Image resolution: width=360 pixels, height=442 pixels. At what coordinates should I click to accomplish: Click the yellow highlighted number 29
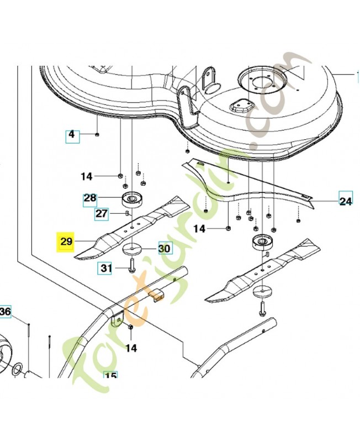[x=66, y=242]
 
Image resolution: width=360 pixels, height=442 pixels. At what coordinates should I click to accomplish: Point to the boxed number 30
[x=164, y=249]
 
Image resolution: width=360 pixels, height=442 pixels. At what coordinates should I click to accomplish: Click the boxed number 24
[x=346, y=201]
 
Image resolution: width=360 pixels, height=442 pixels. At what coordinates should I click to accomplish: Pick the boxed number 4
[x=72, y=134]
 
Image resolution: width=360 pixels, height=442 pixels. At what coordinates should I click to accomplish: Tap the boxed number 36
[x=4, y=313]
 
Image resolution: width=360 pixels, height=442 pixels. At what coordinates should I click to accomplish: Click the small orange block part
[x=158, y=296]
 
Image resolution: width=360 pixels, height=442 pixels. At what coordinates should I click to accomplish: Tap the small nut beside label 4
[x=97, y=134]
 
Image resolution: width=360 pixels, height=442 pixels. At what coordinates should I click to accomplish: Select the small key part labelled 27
[x=126, y=212]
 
